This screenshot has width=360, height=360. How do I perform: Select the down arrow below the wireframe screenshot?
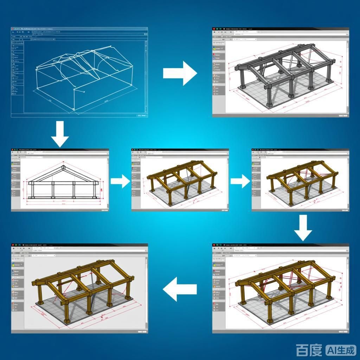(x=60, y=134)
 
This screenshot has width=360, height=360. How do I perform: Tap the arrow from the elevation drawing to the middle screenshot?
(x=120, y=181)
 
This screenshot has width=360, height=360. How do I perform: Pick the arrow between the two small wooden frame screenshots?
(x=240, y=181)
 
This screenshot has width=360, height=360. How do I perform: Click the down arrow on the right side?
(x=303, y=228)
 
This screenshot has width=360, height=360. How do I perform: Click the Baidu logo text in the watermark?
(x=309, y=350)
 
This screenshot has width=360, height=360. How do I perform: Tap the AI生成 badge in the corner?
(x=341, y=350)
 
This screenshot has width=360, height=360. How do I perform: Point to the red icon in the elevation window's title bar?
(x=13, y=150)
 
